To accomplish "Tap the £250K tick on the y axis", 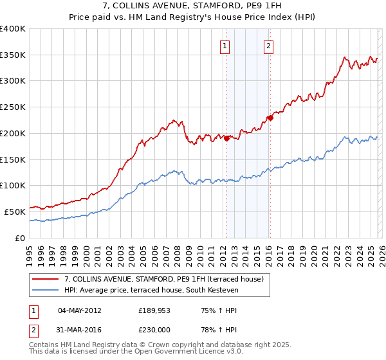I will [x=13, y=107].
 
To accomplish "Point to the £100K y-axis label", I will [x=13, y=185].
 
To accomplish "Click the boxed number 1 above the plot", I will [x=225, y=46].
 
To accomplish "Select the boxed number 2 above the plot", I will [x=268, y=46].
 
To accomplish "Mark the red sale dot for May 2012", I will [x=226, y=138].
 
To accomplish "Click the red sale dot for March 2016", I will [x=271, y=118].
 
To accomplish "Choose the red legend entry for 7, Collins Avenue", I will [x=163, y=279].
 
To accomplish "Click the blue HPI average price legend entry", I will [x=151, y=291].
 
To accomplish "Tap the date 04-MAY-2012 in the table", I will [x=80, y=310].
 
